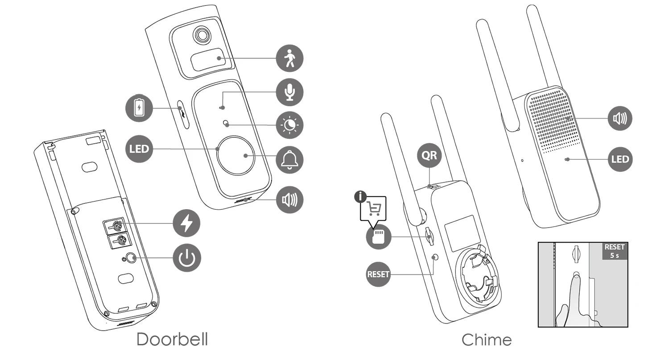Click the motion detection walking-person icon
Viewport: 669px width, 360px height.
coord(289,58)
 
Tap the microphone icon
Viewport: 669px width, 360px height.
coord(289,92)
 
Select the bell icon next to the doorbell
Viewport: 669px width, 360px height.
coord(289,160)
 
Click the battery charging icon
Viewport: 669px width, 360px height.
coord(140,108)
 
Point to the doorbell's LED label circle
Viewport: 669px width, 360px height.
coord(139,149)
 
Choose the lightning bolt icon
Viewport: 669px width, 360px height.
coord(186,223)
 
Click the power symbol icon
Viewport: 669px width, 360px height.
coord(186,258)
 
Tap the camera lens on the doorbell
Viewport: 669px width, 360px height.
coord(202,35)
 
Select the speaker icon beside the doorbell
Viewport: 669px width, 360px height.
coord(289,199)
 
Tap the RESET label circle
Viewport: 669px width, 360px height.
coord(378,274)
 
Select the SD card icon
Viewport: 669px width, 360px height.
coord(379,236)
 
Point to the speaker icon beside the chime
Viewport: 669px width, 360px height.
coord(620,118)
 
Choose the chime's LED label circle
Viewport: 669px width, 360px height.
coord(620,159)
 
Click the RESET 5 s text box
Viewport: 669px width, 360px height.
coord(615,251)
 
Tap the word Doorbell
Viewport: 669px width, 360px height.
coord(172,339)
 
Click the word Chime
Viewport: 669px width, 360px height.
coord(487,340)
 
